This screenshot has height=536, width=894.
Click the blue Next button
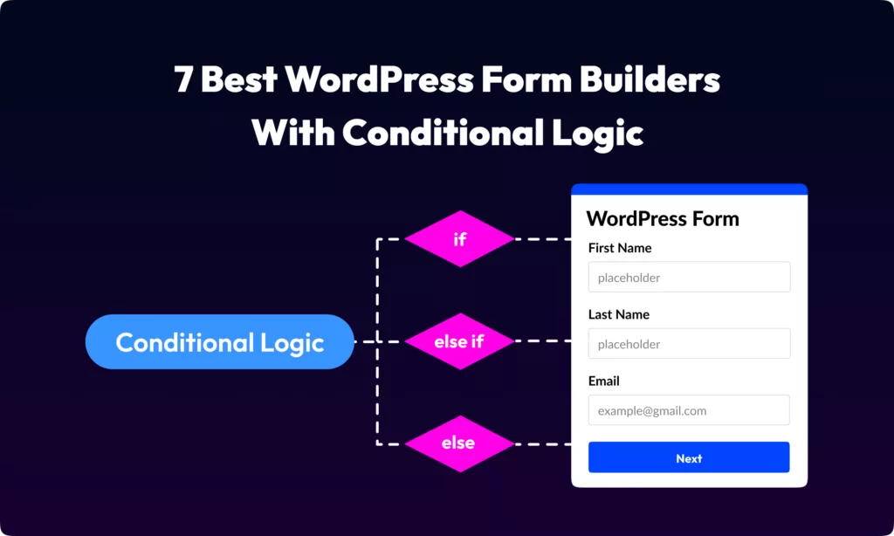689,457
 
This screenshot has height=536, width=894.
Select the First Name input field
690,277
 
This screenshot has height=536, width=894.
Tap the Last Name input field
690,343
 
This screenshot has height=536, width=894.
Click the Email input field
690,410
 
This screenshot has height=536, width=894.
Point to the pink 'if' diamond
460,239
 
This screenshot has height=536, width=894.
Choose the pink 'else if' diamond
460,341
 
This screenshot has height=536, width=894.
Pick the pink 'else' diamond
460,443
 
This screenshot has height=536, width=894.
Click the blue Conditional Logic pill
220,341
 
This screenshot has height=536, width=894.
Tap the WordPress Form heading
663,219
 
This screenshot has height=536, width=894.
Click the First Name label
620,248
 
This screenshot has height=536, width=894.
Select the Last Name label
619,315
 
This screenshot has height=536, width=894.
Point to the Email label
604,381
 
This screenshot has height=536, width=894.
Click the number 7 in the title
183,79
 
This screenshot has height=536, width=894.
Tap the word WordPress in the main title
379,79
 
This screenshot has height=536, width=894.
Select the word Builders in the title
650,79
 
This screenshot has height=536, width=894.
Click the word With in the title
293,133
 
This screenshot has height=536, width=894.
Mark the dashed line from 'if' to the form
543,239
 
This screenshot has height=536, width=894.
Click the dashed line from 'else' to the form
543,444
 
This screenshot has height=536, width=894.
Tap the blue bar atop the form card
690,189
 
